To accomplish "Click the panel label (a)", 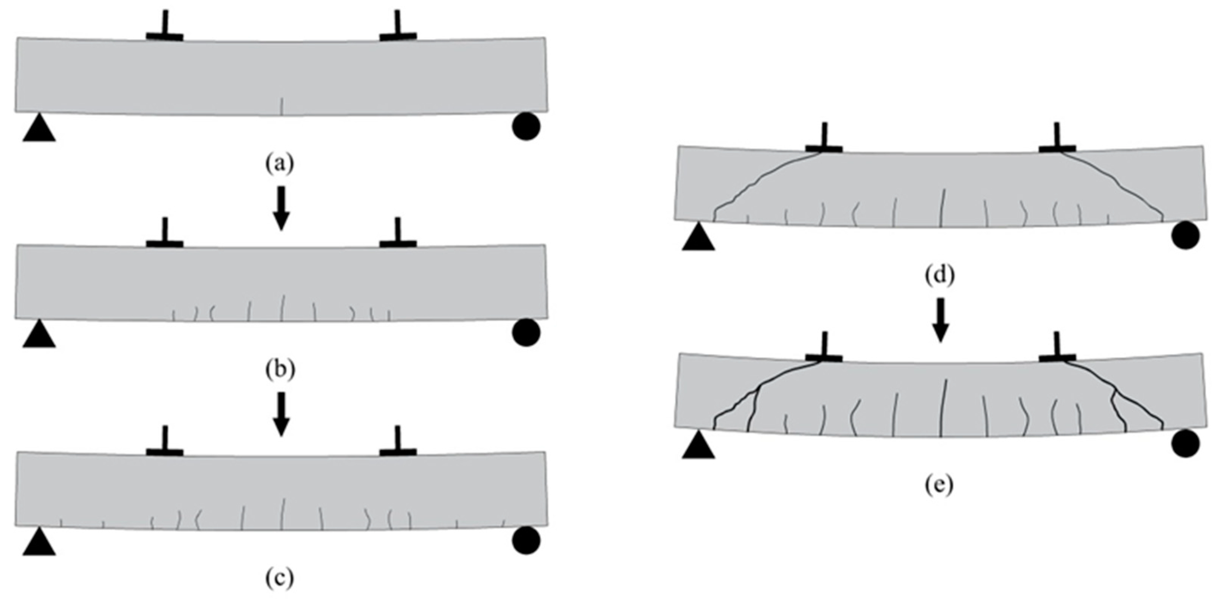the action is [x=279, y=163].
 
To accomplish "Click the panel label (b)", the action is [x=279, y=370].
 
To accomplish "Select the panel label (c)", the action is [x=279, y=578].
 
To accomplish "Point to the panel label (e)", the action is [x=939, y=484].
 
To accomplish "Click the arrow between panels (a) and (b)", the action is [x=281, y=208].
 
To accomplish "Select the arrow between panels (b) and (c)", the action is [x=281, y=414].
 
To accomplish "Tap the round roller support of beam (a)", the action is [x=526, y=126].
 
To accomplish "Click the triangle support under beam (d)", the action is [x=698, y=238].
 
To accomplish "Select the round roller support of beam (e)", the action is [x=1185, y=444].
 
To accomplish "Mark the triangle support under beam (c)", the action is [x=39, y=542].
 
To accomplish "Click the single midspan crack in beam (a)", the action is [x=282, y=106].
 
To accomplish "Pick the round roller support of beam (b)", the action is [x=526, y=332].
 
